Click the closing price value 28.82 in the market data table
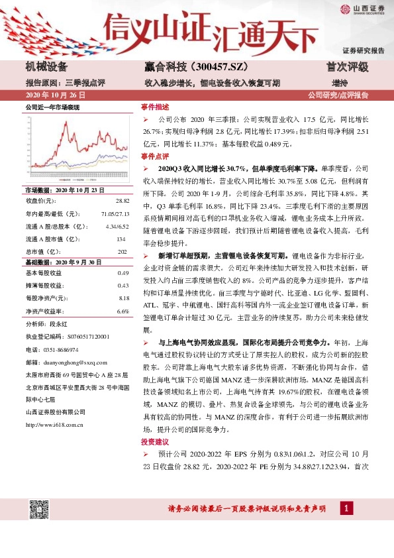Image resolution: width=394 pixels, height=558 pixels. point(122,201)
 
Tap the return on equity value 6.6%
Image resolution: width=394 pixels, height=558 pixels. point(123,311)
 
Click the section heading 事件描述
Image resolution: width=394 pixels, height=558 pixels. point(155,107)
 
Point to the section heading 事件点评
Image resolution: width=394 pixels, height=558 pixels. point(155,156)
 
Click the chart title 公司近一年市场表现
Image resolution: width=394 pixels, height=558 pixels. point(52,107)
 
